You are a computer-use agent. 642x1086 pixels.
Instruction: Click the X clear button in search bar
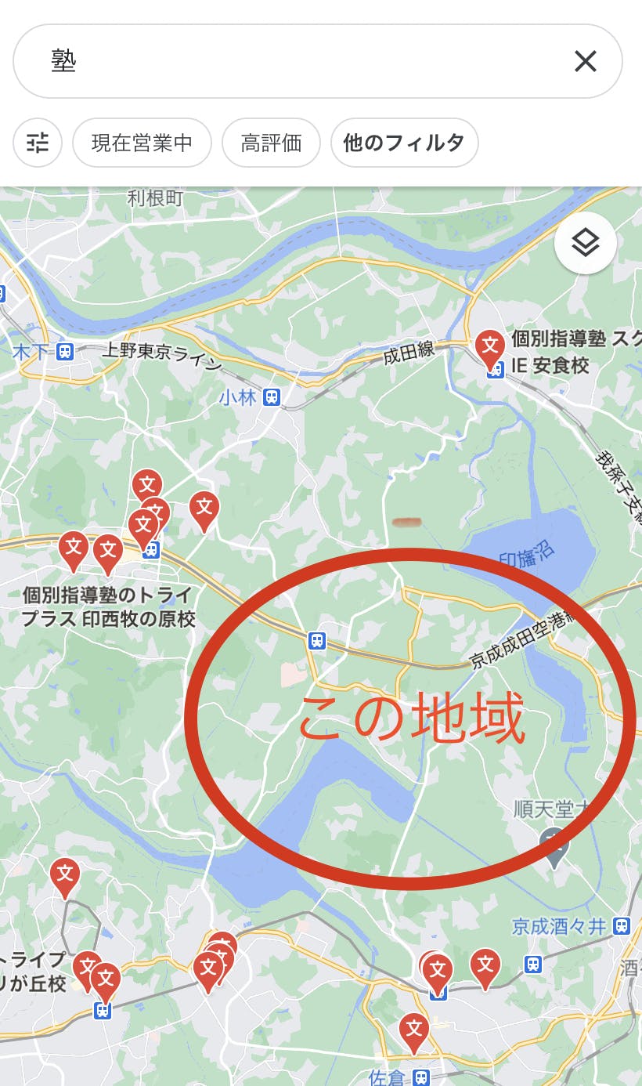click(x=585, y=61)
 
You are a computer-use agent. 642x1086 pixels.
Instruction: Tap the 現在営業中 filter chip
click(x=142, y=143)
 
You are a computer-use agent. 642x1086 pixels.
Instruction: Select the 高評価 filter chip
click(x=271, y=143)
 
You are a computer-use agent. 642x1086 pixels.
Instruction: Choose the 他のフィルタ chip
click(x=404, y=143)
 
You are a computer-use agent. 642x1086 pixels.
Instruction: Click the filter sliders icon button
click(x=38, y=143)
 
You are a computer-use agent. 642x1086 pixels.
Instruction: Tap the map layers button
click(x=585, y=243)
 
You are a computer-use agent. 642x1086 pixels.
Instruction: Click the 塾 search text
click(x=64, y=61)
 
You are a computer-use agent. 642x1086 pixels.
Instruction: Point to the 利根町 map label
click(x=155, y=198)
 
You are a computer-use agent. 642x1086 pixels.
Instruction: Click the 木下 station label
click(x=31, y=352)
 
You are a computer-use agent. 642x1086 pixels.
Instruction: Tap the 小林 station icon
click(x=272, y=396)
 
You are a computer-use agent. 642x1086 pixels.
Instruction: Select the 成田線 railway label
click(x=409, y=353)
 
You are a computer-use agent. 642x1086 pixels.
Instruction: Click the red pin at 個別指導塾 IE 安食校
click(x=490, y=346)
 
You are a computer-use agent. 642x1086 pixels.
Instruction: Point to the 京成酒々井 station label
click(x=559, y=927)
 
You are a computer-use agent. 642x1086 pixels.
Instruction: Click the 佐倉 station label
click(x=388, y=1078)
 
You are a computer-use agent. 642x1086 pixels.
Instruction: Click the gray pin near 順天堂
click(x=554, y=845)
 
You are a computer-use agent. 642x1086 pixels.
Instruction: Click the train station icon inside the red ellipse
click(x=317, y=640)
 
